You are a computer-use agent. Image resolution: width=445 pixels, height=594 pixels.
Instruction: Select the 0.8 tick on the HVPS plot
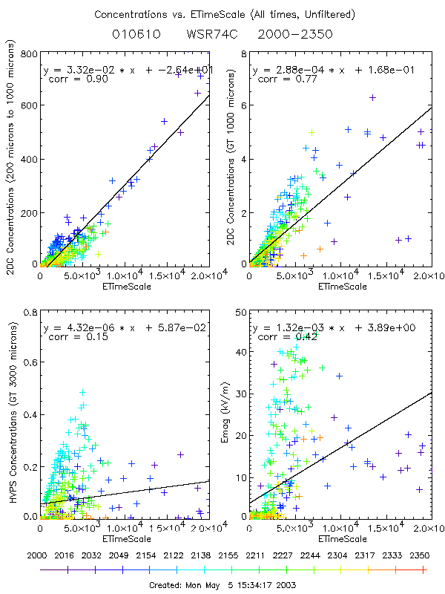click(x=30, y=313)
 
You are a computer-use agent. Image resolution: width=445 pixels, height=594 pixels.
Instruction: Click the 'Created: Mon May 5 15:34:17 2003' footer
click(x=222, y=585)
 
